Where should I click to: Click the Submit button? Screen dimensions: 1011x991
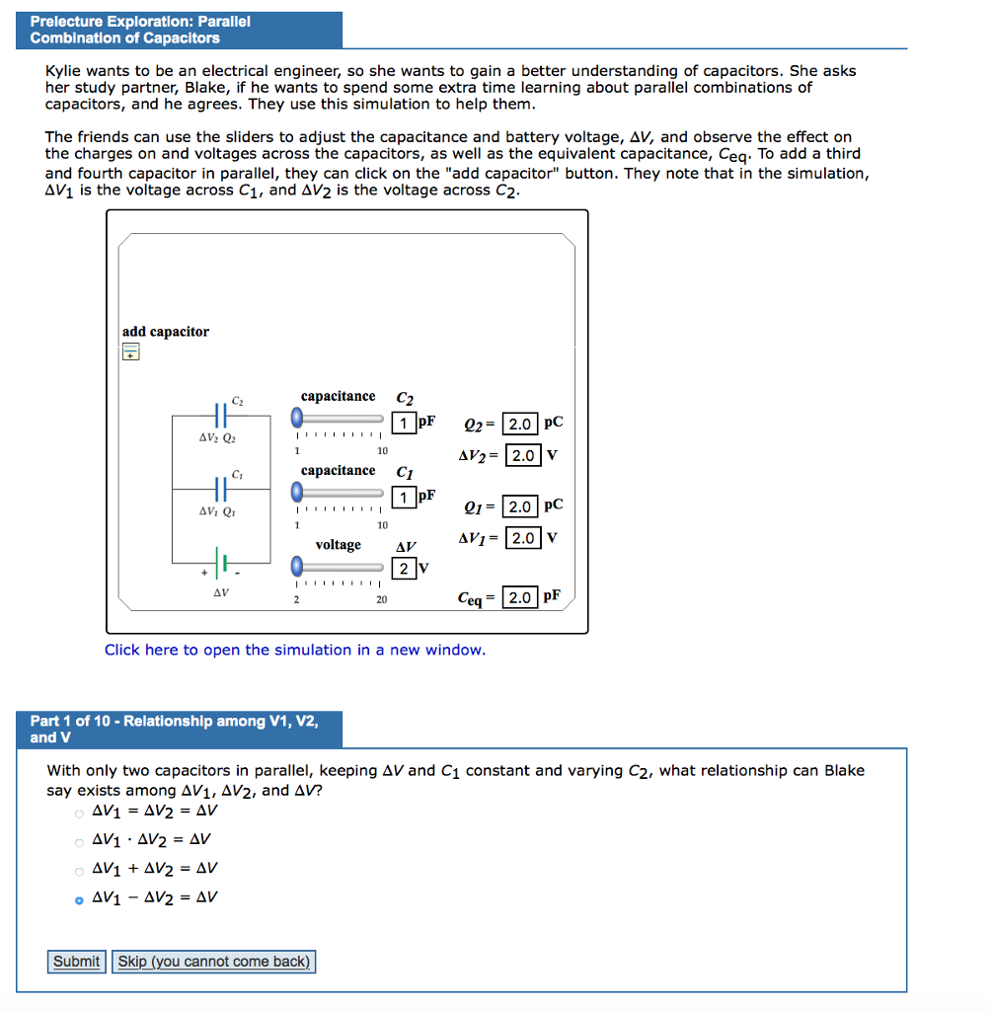tap(77, 962)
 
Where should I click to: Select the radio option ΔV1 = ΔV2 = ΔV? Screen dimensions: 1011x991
tap(79, 814)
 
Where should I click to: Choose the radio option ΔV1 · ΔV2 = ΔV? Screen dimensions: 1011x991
tap(79, 842)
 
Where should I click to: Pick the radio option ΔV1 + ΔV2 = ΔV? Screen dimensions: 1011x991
tap(79, 871)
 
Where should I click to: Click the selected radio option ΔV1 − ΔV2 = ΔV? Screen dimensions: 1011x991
tap(79, 899)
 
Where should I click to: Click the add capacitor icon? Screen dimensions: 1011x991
tap(130, 352)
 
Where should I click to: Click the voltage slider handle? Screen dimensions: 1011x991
tap(298, 566)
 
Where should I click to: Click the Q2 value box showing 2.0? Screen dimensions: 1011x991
tap(521, 425)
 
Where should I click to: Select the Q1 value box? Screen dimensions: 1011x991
tap(521, 506)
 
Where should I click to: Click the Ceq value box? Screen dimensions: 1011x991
tap(520, 597)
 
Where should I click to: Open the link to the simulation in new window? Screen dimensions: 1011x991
tap(295, 650)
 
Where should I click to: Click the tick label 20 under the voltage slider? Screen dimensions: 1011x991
tap(381, 599)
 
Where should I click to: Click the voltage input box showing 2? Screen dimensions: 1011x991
tap(404, 568)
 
